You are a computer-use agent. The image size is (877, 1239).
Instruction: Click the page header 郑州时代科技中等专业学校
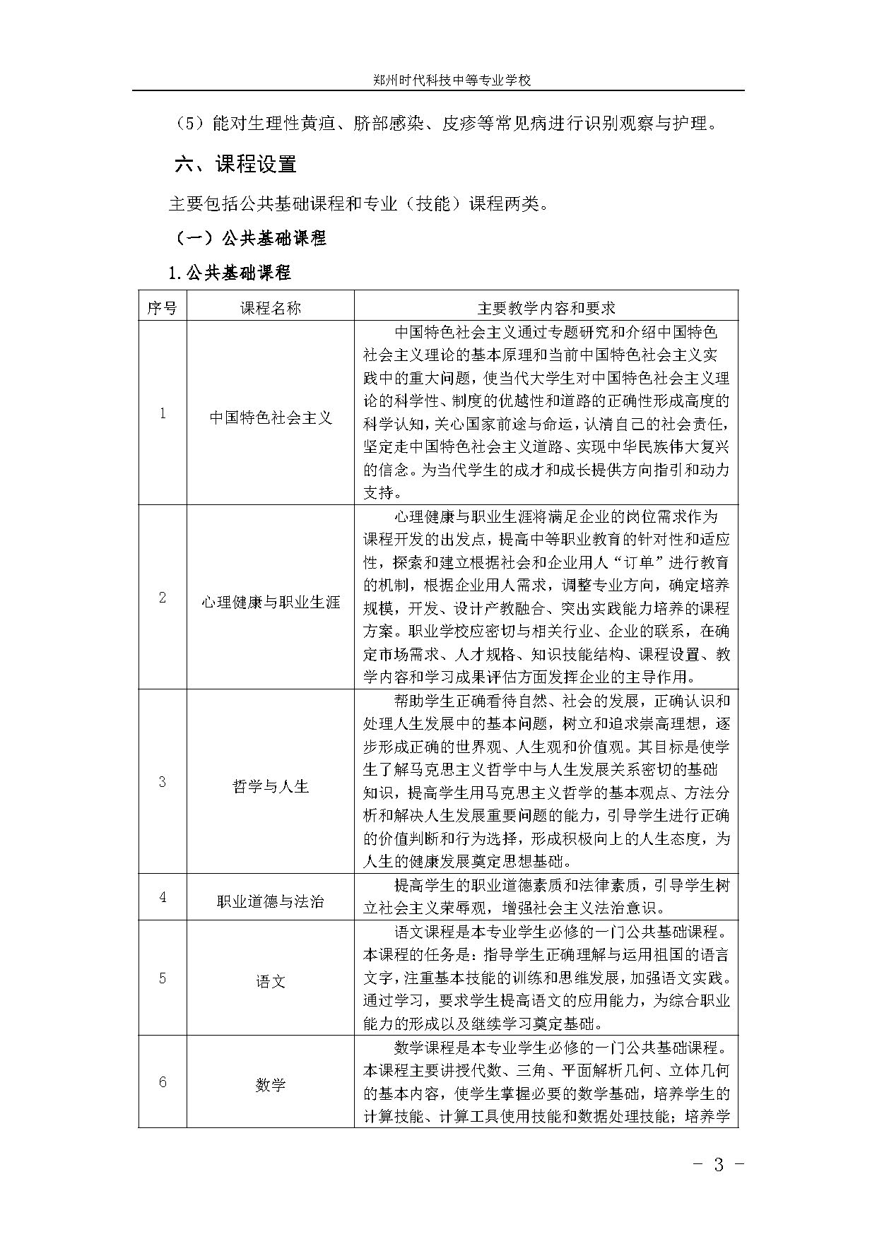coord(452,81)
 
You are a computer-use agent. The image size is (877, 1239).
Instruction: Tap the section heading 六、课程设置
coord(236,165)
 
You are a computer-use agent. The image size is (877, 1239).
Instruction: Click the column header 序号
coord(163,307)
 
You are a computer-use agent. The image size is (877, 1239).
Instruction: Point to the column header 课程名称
coord(271,307)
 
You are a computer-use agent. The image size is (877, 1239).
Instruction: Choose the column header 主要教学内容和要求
coord(546,307)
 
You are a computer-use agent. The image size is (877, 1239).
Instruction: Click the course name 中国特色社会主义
coord(271,417)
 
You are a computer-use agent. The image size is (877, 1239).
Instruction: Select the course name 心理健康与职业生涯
coord(271,602)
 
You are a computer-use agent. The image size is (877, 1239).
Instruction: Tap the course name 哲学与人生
coord(271,786)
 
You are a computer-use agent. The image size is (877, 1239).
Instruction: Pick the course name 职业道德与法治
coord(271,901)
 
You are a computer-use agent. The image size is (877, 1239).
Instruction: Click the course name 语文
coord(271,981)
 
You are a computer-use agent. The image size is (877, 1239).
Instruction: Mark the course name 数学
coord(271,1084)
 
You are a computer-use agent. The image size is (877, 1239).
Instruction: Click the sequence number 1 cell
coord(163,413)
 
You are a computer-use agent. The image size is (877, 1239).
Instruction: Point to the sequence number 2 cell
coord(163,598)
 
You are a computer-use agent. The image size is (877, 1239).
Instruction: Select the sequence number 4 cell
coord(163,897)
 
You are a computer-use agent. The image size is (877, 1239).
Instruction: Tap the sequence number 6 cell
coord(163,1081)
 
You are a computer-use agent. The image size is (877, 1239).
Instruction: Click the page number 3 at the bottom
coord(719,1165)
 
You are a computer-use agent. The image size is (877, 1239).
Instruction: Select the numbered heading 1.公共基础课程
coord(229,273)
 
